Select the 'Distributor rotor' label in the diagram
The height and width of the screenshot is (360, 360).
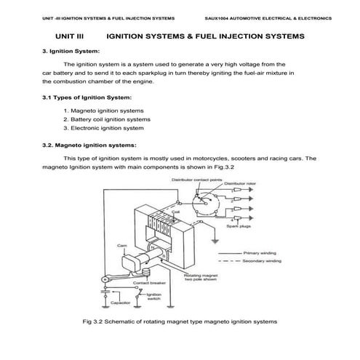[240, 185]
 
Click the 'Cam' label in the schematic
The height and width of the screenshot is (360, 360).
[122, 246]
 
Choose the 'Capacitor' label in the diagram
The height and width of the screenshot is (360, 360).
[120, 302]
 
